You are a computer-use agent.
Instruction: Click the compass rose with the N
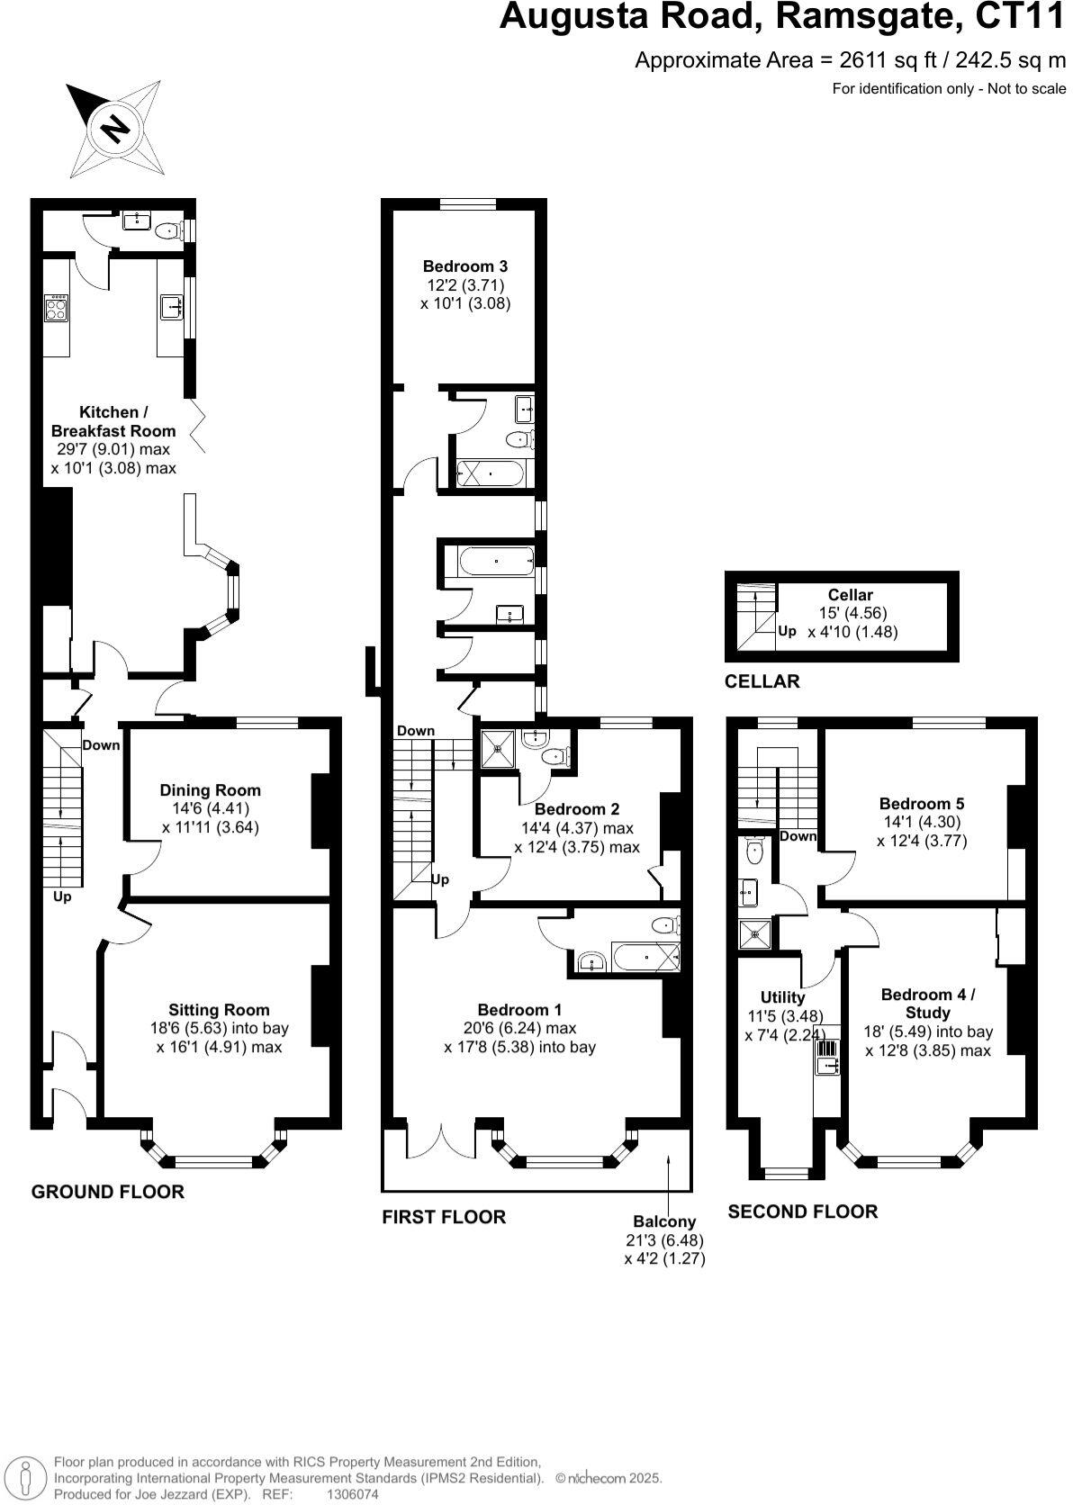tap(115, 128)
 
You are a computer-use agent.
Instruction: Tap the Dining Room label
tap(210, 790)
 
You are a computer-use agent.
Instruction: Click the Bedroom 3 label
tap(465, 266)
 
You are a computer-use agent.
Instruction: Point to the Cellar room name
tap(850, 595)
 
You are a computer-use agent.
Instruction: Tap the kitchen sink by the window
tap(172, 307)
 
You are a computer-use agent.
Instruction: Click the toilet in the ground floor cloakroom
tap(168, 231)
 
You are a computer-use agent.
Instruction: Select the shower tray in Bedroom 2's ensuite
tap(497, 749)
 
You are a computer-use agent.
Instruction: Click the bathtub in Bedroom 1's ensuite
tap(645, 957)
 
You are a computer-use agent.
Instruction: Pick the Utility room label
tap(782, 997)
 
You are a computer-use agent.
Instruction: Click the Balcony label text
tap(663, 1221)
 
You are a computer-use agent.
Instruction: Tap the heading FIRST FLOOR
tap(444, 1217)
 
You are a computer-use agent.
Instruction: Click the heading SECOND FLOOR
tap(802, 1212)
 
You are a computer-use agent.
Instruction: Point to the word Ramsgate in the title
tap(868, 17)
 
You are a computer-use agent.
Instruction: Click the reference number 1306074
tap(352, 1494)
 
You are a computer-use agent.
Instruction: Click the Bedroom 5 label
tap(921, 804)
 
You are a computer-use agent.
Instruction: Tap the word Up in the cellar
tap(787, 631)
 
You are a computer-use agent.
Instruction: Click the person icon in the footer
tap(26, 1477)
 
